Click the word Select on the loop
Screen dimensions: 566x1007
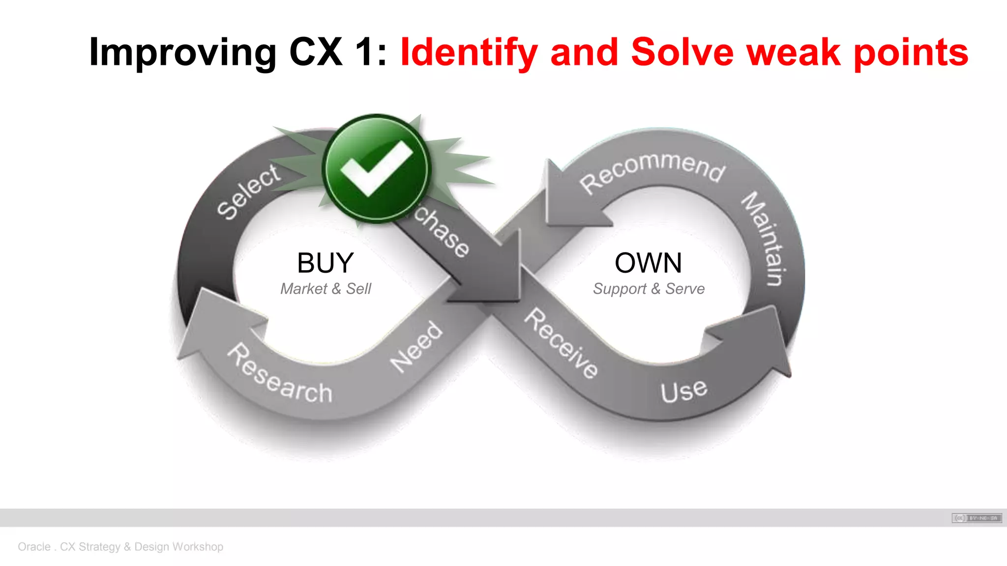[x=249, y=192]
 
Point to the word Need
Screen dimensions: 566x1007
[x=416, y=347]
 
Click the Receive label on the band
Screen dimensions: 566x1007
[x=561, y=343]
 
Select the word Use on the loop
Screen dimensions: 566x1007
[x=684, y=391]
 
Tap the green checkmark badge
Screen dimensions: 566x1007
[x=377, y=168]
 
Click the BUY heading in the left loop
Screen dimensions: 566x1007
[x=326, y=263]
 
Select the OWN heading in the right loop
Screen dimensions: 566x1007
[x=648, y=263]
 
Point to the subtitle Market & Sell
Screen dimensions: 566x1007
[x=326, y=289]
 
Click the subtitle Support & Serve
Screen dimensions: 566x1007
[x=649, y=289]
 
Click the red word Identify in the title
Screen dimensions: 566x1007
[x=469, y=52]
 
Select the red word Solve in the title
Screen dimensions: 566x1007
[x=682, y=52]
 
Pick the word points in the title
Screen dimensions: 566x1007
[x=911, y=52]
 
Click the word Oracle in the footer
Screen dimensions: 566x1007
[x=34, y=547]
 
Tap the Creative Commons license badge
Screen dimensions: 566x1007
[x=977, y=518]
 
